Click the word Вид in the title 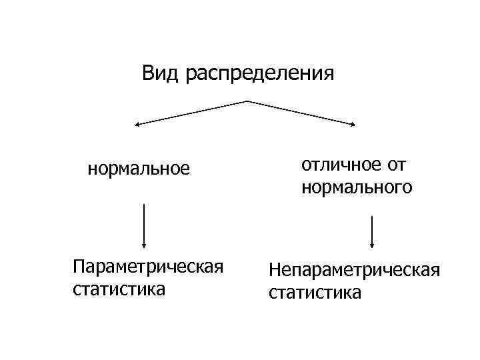(161, 72)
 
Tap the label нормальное (139, 169)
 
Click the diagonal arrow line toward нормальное (193, 113)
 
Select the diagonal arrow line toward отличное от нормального (303, 113)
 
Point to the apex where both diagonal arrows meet (248, 101)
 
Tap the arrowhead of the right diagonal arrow (354, 123)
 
